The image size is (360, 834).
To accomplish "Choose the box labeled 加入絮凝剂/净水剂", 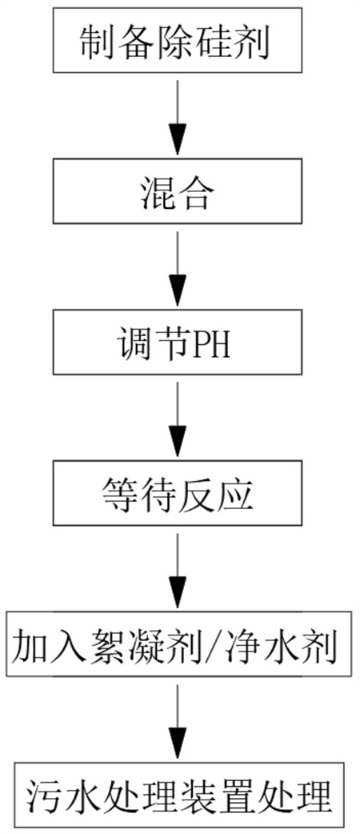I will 179,647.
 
